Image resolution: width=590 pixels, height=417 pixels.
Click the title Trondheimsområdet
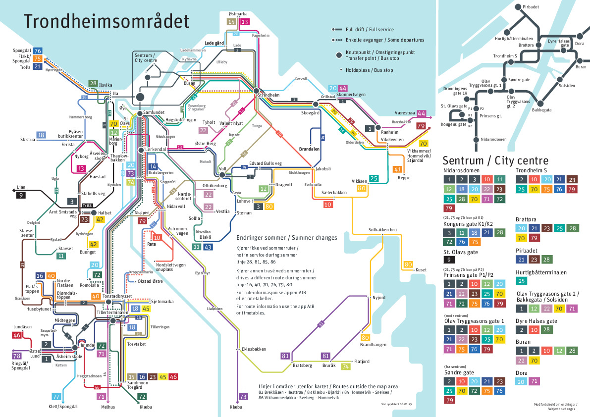click(107, 22)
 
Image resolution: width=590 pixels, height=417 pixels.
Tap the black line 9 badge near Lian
click(20, 195)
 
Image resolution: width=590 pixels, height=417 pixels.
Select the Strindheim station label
click(269, 95)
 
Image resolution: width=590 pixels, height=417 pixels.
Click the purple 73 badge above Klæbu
click(243, 397)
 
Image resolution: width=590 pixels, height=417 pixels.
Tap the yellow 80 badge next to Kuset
click(408, 264)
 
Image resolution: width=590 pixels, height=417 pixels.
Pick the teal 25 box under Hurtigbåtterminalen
click(521, 281)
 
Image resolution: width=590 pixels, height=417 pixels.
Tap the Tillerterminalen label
click(112, 313)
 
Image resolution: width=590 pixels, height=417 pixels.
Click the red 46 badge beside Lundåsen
click(17, 335)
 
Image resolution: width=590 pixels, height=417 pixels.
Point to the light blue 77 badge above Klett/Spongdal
click(57, 397)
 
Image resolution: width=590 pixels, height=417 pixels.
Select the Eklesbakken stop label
click(254, 349)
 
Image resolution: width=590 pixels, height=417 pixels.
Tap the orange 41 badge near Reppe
click(397, 169)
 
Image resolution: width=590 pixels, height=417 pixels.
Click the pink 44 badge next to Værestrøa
click(421, 113)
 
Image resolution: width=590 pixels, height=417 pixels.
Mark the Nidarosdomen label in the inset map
click(494, 139)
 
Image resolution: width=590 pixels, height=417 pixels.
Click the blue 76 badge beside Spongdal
click(38, 51)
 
